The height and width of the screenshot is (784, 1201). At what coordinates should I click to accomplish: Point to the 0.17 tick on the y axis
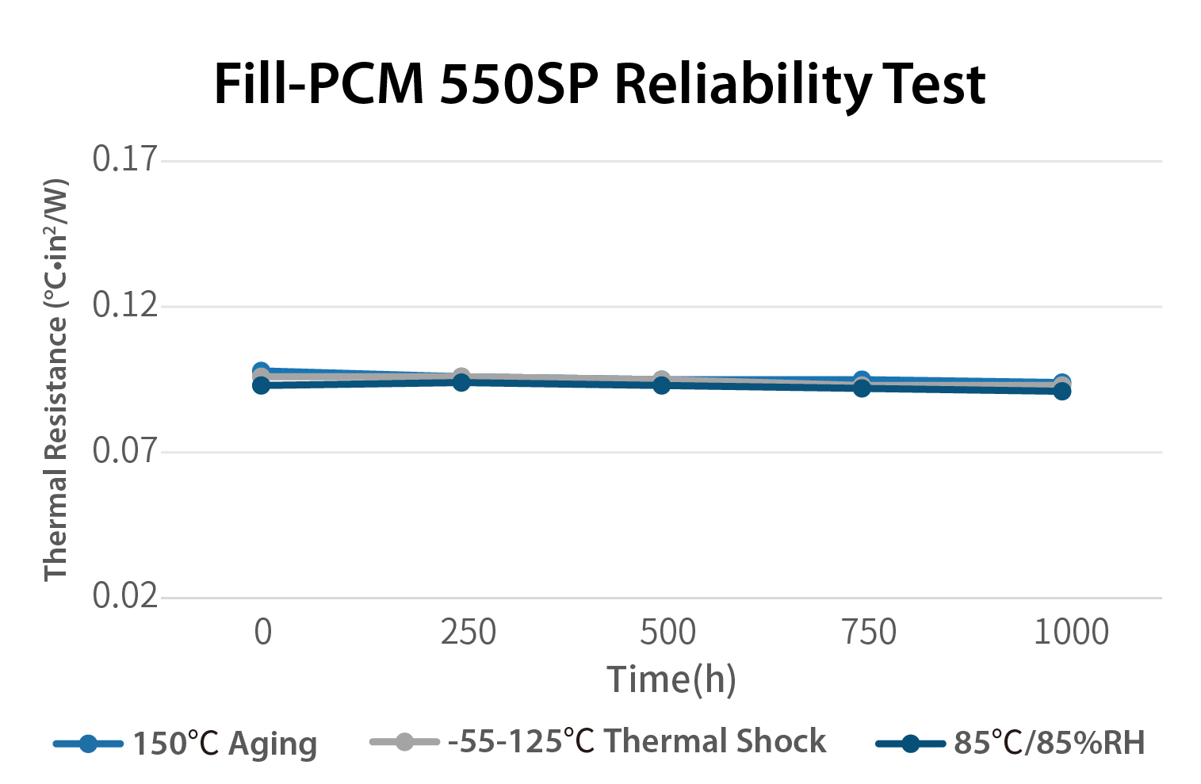click(x=125, y=159)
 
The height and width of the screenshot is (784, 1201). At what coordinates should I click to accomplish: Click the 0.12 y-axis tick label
click(x=125, y=305)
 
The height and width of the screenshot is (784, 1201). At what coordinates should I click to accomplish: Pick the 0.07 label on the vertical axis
click(x=125, y=451)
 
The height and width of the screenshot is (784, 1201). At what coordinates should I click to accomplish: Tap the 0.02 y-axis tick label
click(x=125, y=596)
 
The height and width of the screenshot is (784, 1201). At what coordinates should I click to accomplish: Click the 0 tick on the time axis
click(x=262, y=633)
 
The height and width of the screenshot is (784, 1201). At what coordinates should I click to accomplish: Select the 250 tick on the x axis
click(x=468, y=633)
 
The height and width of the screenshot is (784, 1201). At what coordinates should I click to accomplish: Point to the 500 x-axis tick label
click(x=667, y=633)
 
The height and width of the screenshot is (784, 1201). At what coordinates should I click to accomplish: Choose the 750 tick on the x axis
click(x=868, y=633)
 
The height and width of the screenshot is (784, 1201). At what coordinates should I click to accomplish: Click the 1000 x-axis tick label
click(x=1071, y=633)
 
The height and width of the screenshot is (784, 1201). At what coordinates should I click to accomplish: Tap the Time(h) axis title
click(x=671, y=679)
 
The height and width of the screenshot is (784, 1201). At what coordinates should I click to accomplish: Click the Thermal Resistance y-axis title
click(x=56, y=381)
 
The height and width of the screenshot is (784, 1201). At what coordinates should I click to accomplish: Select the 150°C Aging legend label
click(x=224, y=744)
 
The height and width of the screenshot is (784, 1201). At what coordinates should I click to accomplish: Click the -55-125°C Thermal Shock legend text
click(x=637, y=742)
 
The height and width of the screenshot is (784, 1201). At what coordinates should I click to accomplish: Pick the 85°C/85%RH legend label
click(x=1050, y=744)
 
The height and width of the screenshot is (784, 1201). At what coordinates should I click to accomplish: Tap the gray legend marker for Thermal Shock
click(x=404, y=742)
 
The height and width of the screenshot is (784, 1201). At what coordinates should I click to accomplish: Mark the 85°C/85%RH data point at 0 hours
click(x=261, y=385)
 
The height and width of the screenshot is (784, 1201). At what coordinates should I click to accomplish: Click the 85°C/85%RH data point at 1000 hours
click(x=1061, y=391)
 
